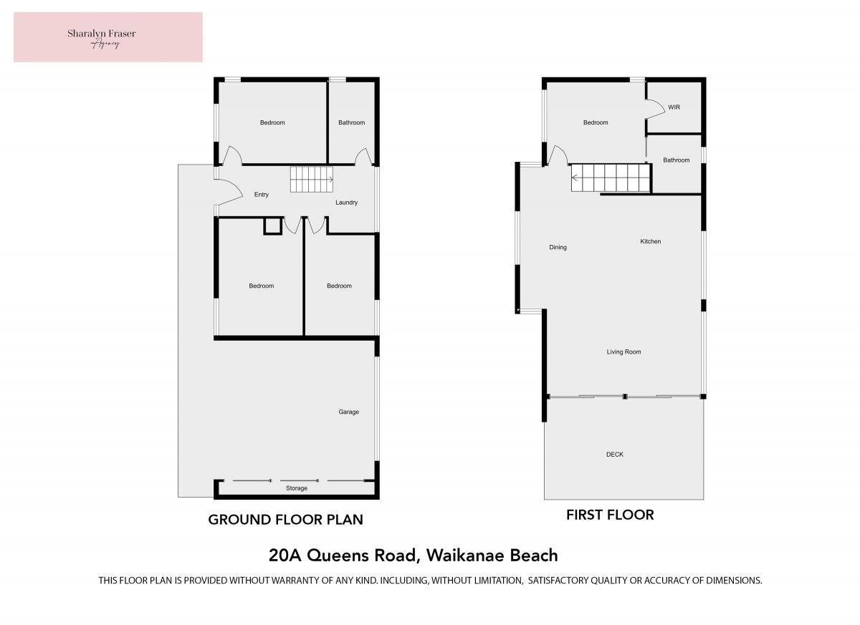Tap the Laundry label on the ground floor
point(346,203)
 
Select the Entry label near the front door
point(261,195)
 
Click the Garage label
point(348,412)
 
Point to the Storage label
point(297,488)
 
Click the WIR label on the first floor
point(674,107)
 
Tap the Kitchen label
point(651,241)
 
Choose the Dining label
point(558,247)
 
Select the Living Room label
point(624,352)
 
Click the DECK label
point(615,455)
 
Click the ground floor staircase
point(311,180)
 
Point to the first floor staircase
point(611,178)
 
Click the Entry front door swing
point(230,193)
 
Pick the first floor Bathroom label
point(676,160)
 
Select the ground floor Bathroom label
point(351,122)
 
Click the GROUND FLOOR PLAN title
point(286,520)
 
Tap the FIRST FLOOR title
point(610,515)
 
